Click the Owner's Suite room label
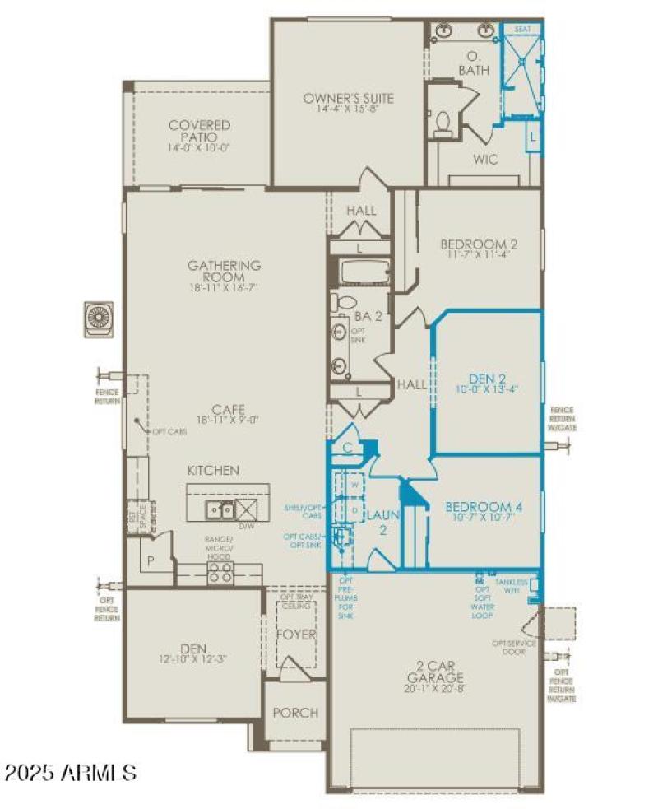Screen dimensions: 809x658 tap(348, 99)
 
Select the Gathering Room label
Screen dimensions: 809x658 tap(225, 272)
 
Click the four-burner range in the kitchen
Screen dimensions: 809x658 tap(220, 572)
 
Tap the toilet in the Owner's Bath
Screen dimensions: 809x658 tap(443, 123)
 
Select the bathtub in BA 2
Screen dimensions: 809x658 tap(360, 272)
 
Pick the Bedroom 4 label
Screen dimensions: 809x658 tap(484, 507)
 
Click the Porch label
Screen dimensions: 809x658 tap(294, 713)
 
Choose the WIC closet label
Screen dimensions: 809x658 tap(483, 160)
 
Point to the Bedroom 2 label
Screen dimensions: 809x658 tap(479, 244)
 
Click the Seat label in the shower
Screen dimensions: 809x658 tap(522, 30)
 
